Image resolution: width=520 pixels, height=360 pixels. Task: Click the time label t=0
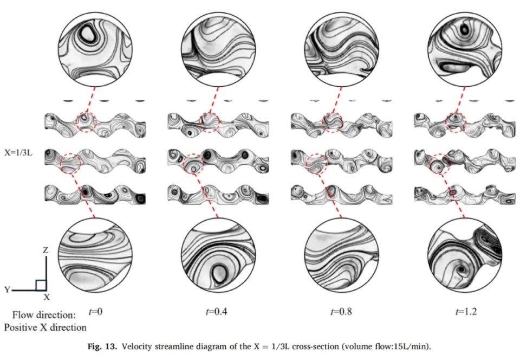[95, 312]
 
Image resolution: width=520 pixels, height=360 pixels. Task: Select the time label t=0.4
[217, 312]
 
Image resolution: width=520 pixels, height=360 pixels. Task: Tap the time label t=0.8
[341, 312]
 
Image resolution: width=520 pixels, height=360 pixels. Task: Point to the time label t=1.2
[466, 312]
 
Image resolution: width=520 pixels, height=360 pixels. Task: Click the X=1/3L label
[18, 153]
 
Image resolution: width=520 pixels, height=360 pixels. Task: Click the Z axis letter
[45, 250]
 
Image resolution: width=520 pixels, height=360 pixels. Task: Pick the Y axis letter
[7, 290]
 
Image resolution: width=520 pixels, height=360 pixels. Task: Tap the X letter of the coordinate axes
[47, 297]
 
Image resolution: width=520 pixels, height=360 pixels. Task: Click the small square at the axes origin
[41, 285]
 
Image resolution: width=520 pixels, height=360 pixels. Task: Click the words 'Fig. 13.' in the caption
[102, 347]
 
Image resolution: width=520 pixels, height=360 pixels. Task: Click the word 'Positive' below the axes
[21, 327]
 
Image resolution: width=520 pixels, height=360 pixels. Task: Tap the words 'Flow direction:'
[44, 314]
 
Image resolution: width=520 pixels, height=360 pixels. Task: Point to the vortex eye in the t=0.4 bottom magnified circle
[218, 274]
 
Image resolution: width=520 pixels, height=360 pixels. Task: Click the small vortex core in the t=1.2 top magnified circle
[465, 30]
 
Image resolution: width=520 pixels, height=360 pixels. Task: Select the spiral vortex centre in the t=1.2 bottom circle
[461, 270]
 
